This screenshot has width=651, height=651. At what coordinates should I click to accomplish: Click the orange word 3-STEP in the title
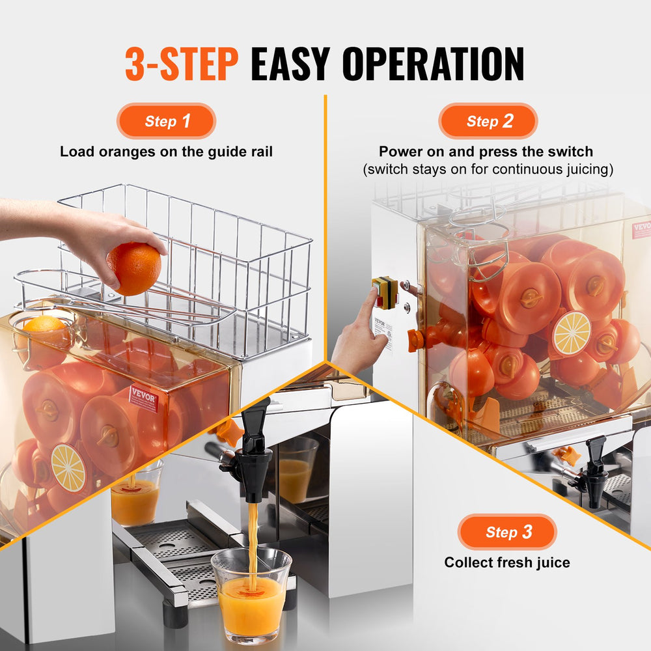[182, 64]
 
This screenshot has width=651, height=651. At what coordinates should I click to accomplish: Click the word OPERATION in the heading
[434, 64]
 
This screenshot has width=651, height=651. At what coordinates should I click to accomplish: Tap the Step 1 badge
[166, 121]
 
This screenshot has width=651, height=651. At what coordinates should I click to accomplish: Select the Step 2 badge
[488, 121]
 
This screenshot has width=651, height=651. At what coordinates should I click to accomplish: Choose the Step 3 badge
[507, 532]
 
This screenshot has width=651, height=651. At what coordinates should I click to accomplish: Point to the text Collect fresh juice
[507, 562]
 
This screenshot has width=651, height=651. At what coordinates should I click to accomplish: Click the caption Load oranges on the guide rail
[166, 152]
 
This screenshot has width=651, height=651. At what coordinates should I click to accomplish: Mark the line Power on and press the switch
[486, 152]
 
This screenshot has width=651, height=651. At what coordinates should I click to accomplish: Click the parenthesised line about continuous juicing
[488, 169]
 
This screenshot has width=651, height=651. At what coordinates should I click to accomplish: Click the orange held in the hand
[134, 268]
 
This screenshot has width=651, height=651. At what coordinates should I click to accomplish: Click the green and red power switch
[385, 292]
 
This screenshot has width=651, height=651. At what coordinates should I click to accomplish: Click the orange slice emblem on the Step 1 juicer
[68, 467]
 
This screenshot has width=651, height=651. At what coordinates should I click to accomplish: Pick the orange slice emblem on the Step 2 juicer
[571, 333]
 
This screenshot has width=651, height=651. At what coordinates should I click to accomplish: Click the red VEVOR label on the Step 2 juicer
[641, 230]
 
